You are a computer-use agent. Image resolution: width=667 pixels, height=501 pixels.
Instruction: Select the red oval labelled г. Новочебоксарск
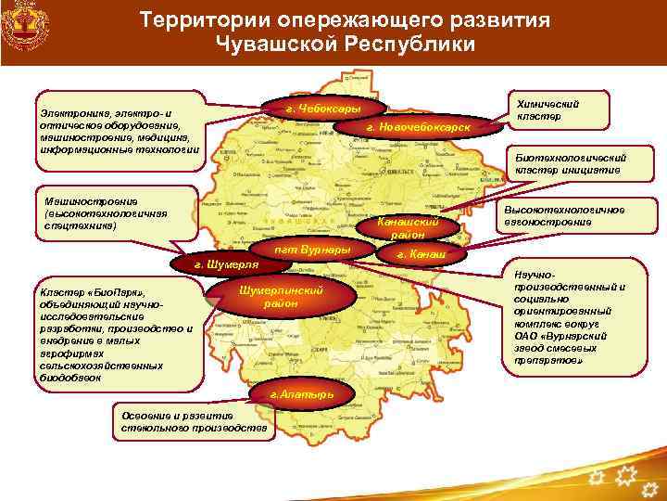(418, 126)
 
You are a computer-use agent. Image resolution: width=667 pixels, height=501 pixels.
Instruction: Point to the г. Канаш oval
(422, 253)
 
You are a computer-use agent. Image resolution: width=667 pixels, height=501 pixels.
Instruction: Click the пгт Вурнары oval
(311, 251)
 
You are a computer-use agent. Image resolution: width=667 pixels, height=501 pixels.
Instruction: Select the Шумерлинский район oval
(281, 297)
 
